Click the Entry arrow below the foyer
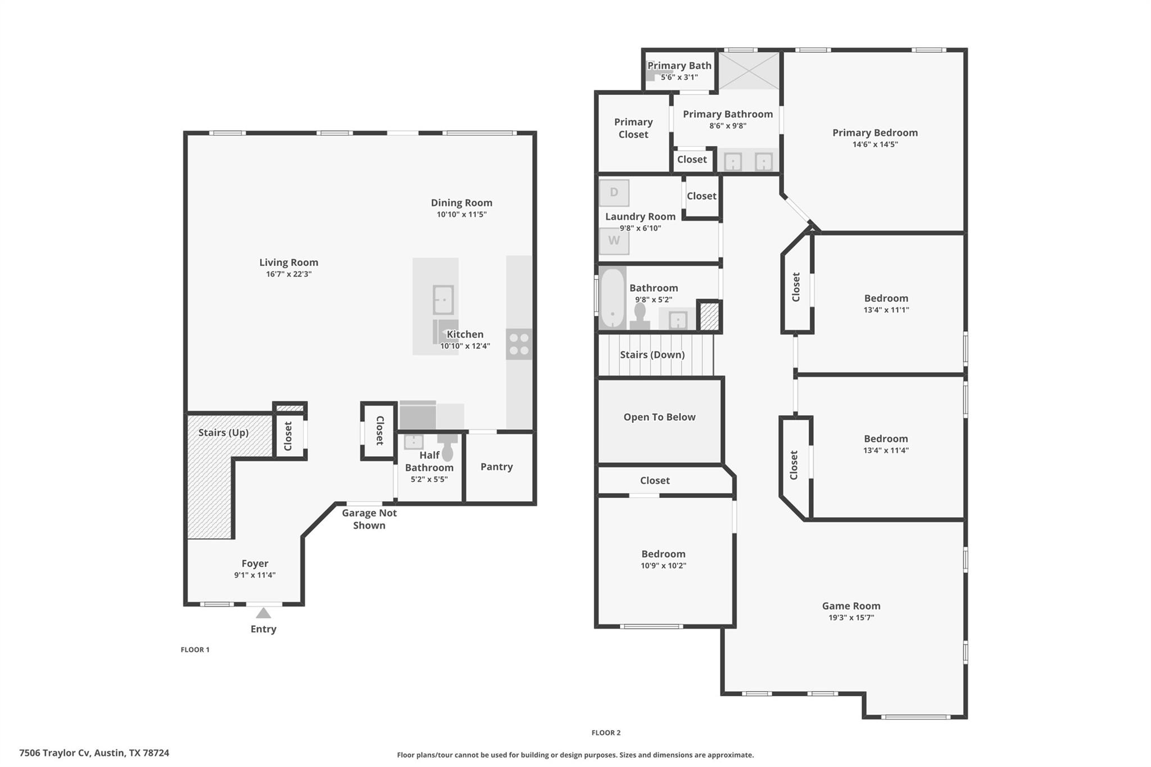tap(263, 612)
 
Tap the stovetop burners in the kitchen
tap(519, 344)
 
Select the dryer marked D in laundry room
tap(614, 193)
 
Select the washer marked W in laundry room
tap(614, 241)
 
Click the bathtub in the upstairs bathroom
tap(612, 298)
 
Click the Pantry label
tap(496, 467)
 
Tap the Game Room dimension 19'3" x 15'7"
tap(851, 618)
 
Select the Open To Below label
tap(659, 417)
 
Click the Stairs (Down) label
tap(652, 355)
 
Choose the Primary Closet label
tap(633, 128)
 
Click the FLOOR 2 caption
tap(606, 733)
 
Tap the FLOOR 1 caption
tap(195, 650)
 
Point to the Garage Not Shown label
tap(369, 519)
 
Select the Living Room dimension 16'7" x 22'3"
tap(288, 274)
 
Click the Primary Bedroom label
tap(874, 133)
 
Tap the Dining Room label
tap(461, 203)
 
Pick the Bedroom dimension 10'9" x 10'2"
tap(663, 566)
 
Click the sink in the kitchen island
tap(443, 299)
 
